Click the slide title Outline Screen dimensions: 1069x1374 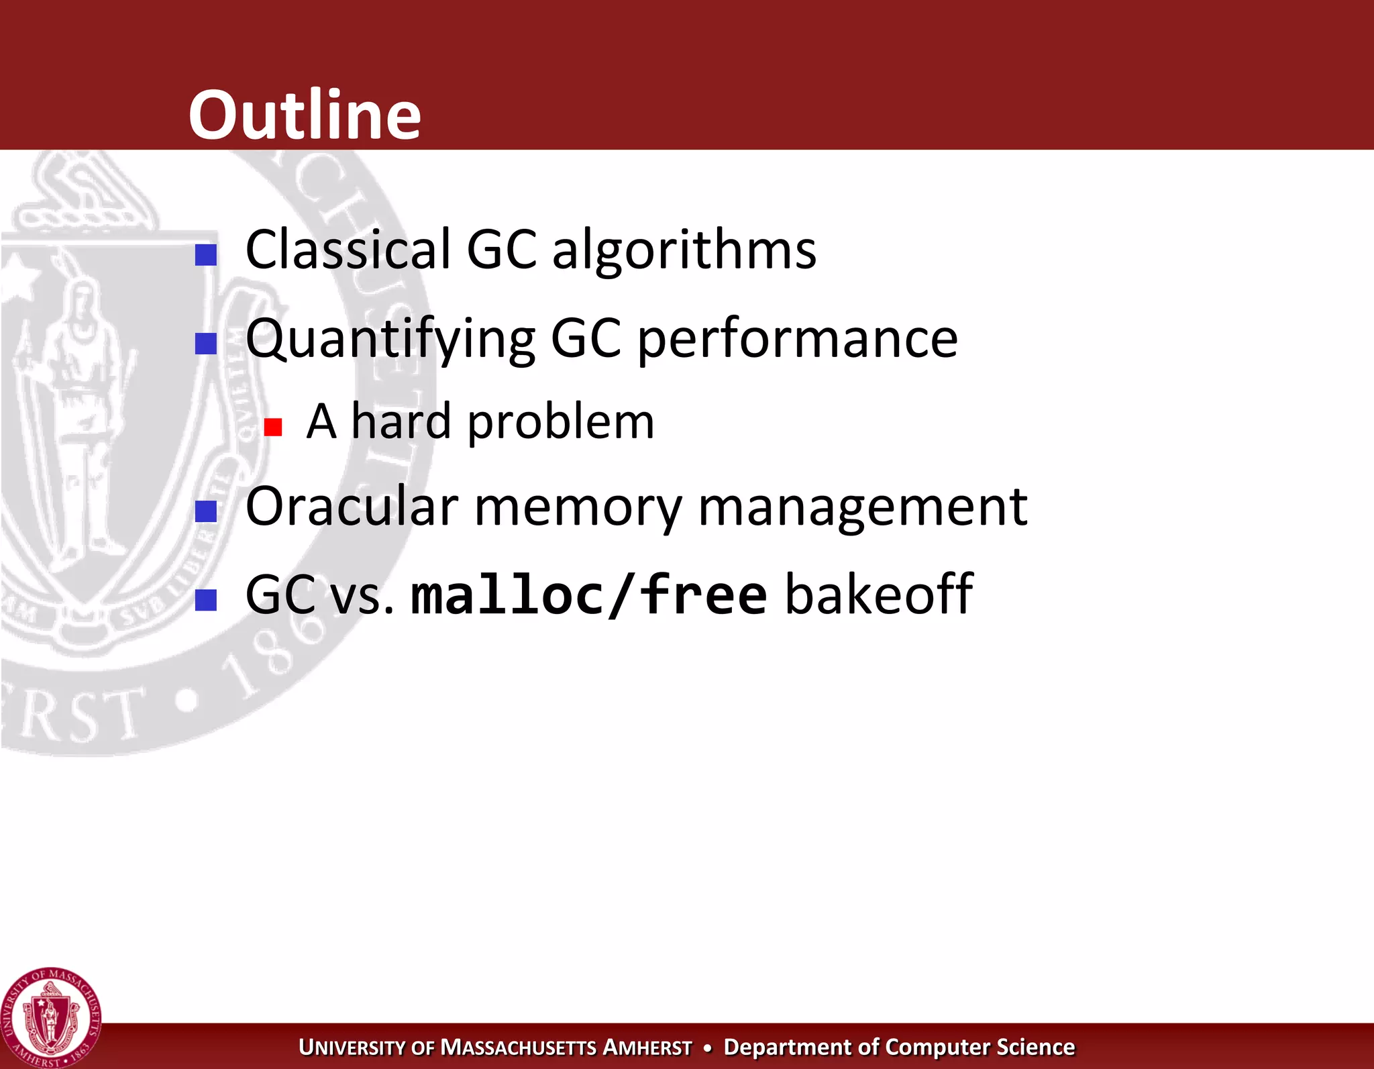[x=305, y=115]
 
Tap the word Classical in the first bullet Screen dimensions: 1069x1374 [x=348, y=250]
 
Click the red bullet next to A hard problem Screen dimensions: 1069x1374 [x=273, y=427]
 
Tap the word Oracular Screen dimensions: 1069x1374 [x=352, y=507]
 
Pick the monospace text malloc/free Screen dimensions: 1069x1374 [x=588, y=595]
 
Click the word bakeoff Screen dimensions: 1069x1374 [x=879, y=594]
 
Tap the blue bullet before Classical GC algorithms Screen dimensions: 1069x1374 [x=206, y=255]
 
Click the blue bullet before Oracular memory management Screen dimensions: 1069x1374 [x=206, y=511]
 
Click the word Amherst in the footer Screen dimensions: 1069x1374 [x=647, y=1048]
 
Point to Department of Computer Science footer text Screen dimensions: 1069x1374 [x=899, y=1047]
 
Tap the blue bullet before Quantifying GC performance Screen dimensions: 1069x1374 [x=206, y=344]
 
